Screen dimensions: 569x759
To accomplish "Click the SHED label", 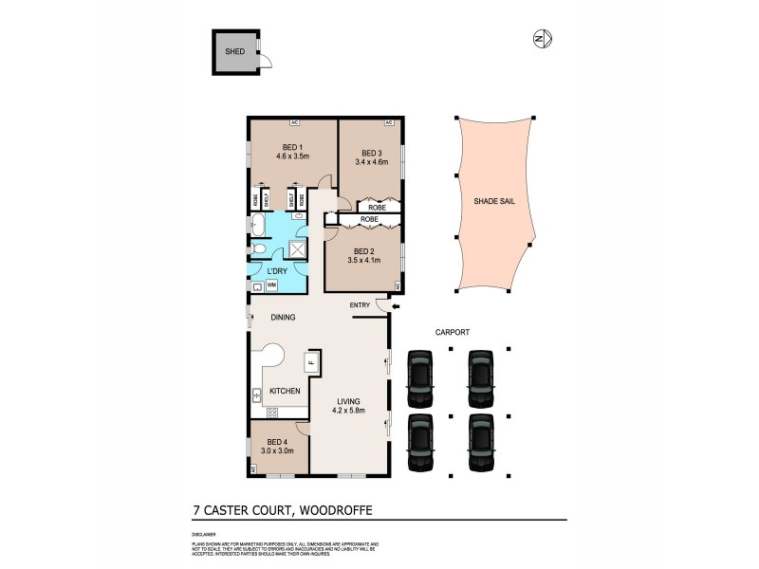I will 233,51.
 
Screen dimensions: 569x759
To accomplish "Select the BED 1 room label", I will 291,147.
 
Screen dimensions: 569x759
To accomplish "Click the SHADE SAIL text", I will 494,202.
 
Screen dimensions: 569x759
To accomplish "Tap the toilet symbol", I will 258,249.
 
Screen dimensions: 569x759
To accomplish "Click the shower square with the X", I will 298,248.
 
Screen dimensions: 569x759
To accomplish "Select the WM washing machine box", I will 271,284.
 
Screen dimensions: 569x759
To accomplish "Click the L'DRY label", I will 277,271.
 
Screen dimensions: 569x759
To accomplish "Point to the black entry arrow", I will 396,305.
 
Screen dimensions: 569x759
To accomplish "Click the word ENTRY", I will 360,304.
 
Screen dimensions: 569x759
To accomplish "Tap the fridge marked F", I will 310,362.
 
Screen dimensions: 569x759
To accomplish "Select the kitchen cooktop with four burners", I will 271,411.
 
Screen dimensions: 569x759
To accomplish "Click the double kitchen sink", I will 256,393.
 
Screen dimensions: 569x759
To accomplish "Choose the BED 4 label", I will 276,441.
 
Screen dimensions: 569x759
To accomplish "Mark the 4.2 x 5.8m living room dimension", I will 348,411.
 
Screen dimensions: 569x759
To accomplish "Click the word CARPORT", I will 453,332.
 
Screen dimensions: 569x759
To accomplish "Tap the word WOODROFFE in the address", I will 335,509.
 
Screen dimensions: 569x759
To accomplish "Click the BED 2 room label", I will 363,248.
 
